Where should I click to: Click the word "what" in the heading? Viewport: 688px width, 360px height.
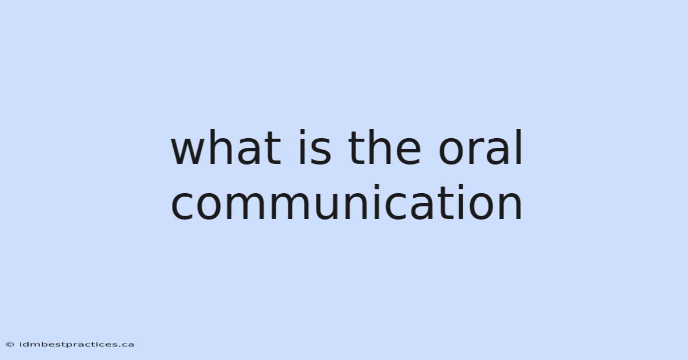[226, 147]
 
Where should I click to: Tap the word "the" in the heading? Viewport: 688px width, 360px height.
[384, 147]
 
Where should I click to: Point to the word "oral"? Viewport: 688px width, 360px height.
[480, 147]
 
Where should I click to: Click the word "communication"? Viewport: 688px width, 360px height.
[346, 202]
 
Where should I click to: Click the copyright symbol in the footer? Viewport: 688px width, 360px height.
[10, 345]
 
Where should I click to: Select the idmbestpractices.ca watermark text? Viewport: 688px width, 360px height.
[76, 345]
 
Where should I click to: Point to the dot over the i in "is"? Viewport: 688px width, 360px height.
[303, 132]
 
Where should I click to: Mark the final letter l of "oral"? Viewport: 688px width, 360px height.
[519, 147]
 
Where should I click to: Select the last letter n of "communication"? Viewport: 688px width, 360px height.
[510, 206]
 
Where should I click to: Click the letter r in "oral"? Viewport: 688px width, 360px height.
[478, 151]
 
